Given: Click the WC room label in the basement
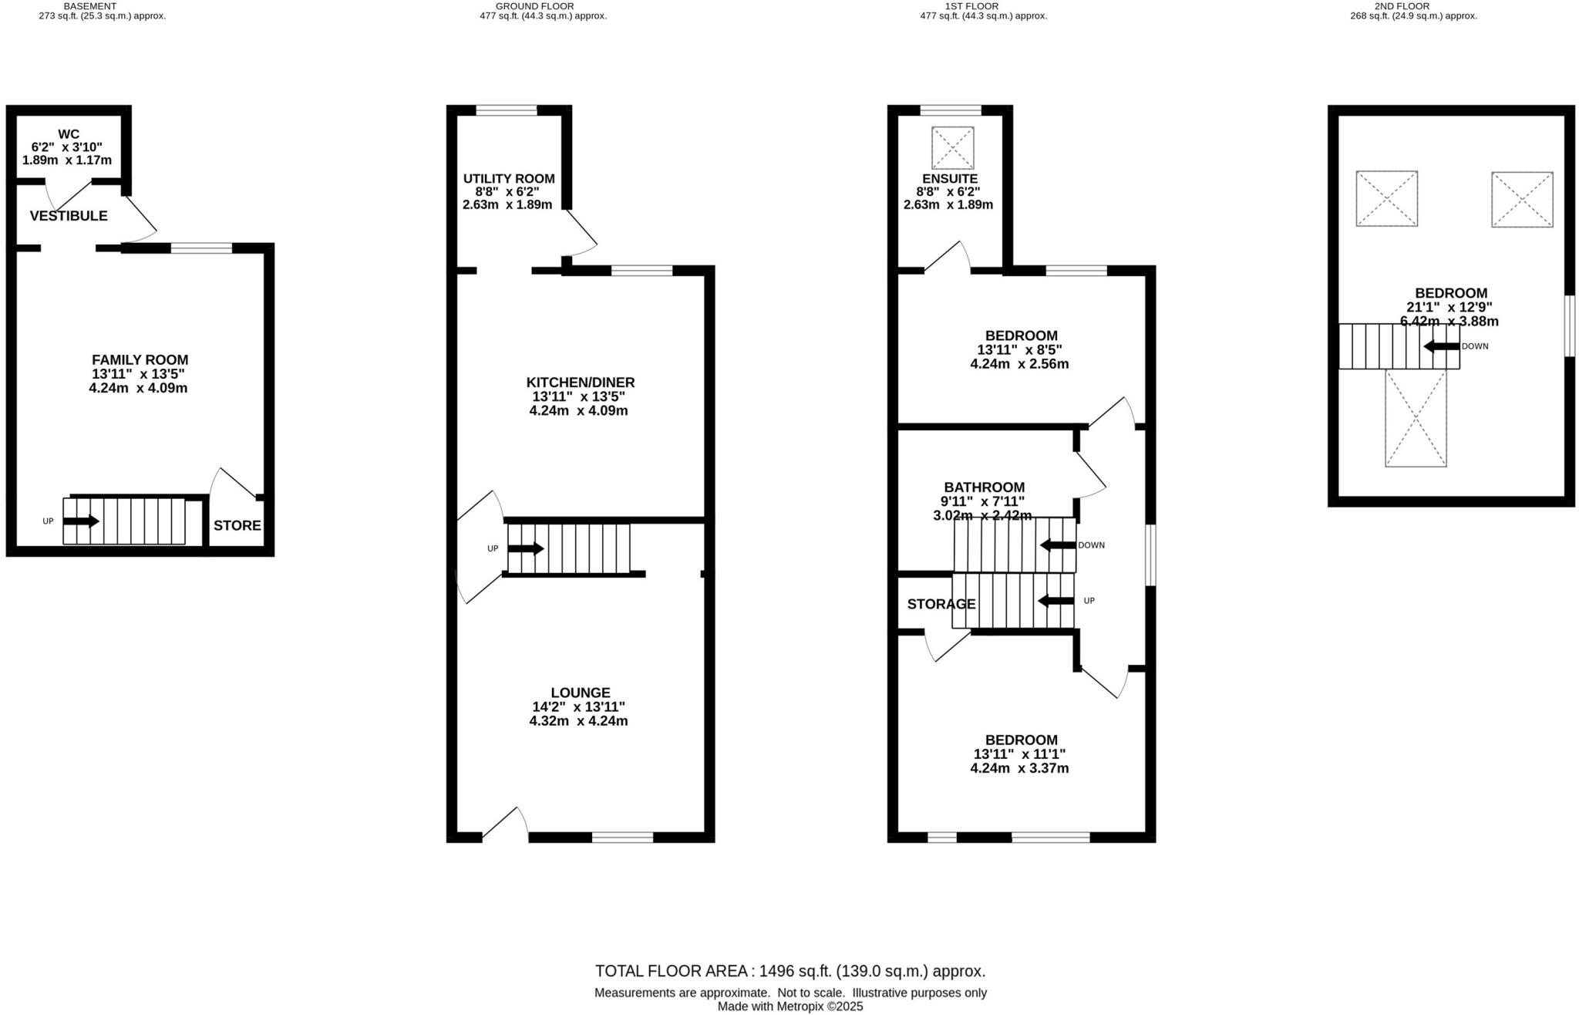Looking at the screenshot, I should click(69, 134).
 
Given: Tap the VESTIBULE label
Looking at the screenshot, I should click(69, 216).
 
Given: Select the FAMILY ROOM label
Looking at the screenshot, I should click(140, 359).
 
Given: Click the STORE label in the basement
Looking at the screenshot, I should click(237, 526).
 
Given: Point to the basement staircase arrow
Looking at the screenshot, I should click(81, 521).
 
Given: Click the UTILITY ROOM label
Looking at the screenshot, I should click(508, 179).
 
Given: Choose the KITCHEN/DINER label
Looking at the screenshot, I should click(580, 383).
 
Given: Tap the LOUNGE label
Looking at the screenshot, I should click(580, 693).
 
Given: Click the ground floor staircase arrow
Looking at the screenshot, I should click(526, 548).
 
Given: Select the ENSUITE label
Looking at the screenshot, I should click(948, 179).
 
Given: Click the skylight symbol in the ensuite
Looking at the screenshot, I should click(953, 147).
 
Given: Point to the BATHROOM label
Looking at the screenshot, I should click(984, 487).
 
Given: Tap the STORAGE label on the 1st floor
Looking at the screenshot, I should click(941, 604).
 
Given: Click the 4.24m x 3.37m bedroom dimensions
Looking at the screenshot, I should click(1019, 768).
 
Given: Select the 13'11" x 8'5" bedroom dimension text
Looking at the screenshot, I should click(1021, 349).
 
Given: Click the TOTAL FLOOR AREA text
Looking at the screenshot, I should click(789, 971).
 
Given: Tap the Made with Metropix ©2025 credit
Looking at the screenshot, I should click(789, 1007).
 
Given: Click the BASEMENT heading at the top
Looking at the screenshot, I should click(90, 6).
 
